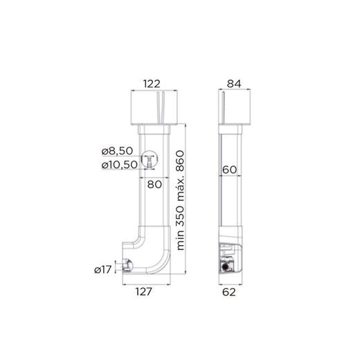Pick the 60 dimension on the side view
[x=231, y=169]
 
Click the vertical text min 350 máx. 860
[x=181, y=201]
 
